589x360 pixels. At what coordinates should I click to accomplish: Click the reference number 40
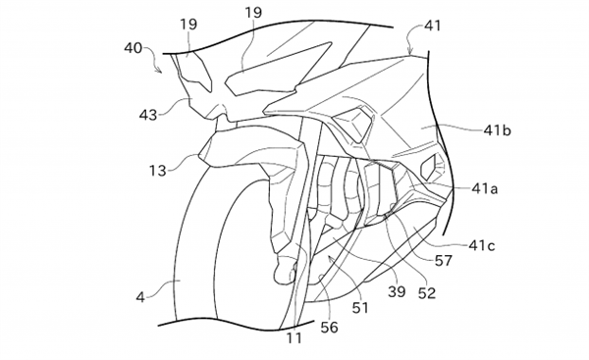pyautogui.click(x=133, y=48)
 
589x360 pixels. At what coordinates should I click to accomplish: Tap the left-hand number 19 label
pyautogui.click(x=188, y=24)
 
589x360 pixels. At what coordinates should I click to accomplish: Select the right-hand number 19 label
pyautogui.click(x=253, y=13)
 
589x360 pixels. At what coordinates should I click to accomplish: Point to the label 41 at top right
pyautogui.click(x=432, y=26)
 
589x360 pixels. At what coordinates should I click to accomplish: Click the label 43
pyautogui.click(x=148, y=115)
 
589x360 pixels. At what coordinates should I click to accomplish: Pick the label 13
pyautogui.click(x=158, y=171)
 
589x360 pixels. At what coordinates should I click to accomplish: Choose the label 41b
pyautogui.click(x=497, y=130)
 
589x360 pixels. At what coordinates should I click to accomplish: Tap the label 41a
pyautogui.click(x=485, y=188)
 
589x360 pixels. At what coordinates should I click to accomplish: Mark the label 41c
pyautogui.click(x=482, y=245)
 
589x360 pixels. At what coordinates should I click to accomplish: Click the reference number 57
pyautogui.click(x=444, y=260)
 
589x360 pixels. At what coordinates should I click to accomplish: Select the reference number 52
pyautogui.click(x=427, y=293)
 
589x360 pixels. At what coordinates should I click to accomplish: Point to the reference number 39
pyautogui.click(x=397, y=291)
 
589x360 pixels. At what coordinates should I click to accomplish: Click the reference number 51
pyautogui.click(x=360, y=307)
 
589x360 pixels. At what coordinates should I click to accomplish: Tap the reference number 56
pyautogui.click(x=329, y=328)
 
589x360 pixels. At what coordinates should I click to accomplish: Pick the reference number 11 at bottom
pyautogui.click(x=294, y=337)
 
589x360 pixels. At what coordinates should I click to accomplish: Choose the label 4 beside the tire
pyautogui.click(x=140, y=297)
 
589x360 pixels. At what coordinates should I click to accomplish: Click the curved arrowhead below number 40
pyautogui.click(x=160, y=70)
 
